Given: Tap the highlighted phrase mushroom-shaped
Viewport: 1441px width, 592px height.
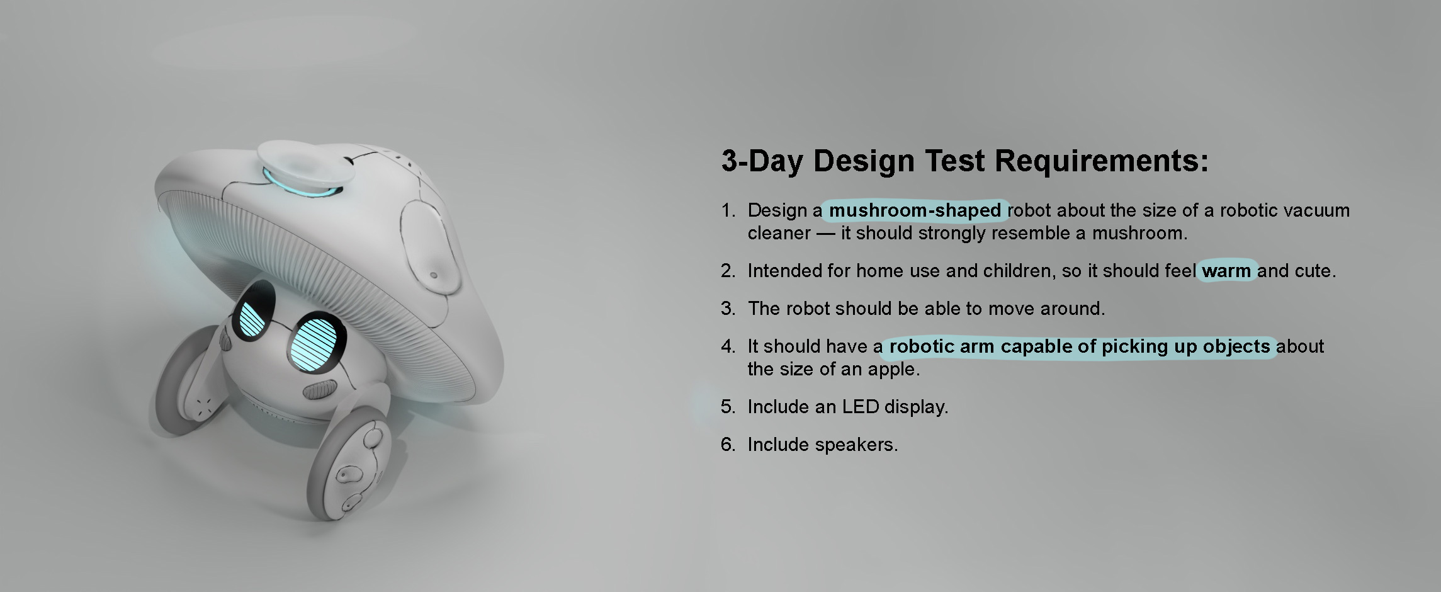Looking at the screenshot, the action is [x=915, y=210].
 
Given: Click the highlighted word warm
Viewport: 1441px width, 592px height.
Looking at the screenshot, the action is [x=1226, y=271].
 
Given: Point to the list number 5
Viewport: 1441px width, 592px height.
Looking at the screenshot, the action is [x=728, y=407].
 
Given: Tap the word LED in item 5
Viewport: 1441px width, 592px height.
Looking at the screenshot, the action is [x=861, y=407].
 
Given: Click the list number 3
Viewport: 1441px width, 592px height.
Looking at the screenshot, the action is [x=728, y=309].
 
